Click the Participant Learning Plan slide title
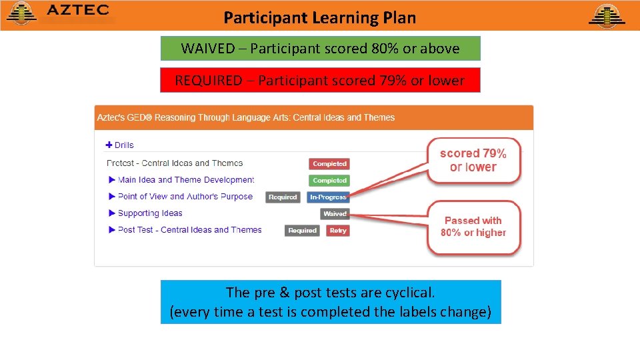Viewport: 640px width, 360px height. pos(319,17)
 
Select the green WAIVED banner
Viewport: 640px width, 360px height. pos(320,49)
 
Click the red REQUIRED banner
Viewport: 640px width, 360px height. pos(320,81)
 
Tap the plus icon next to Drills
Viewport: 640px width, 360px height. pos(109,145)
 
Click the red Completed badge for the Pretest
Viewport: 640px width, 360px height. pos(329,163)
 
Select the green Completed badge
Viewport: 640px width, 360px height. pos(329,180)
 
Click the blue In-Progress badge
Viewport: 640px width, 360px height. pos(328,197)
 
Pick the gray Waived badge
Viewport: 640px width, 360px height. pos(335,214)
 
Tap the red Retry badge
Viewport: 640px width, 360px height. pos(338,231)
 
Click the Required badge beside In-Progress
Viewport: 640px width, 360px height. pos(283,197)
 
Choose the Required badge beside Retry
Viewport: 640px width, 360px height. pos(303,231)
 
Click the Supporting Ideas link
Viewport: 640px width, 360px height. pos(150,213)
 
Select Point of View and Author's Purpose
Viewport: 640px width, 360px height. pos(185,197)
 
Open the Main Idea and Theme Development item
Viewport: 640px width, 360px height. pos(185,180)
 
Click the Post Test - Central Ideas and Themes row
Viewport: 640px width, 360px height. pos(189,230)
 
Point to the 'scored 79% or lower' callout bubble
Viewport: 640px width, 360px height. pos(473,160)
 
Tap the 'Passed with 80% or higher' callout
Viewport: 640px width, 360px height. pos(473,227)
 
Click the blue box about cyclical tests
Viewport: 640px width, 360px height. pos(331,302)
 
